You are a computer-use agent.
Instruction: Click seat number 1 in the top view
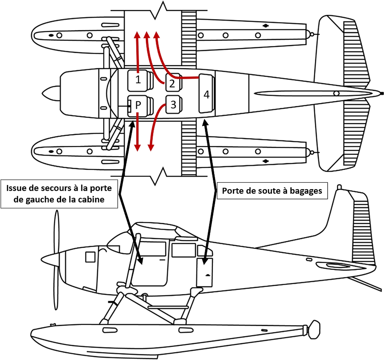[138, 80]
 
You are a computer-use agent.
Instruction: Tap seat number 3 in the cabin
[173, 105]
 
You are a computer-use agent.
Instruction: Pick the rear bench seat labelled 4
[206, 94]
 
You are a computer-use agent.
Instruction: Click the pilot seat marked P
[138, 105]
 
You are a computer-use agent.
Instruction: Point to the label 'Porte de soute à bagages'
[272, 191]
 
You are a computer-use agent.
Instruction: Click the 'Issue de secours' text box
[59, 194]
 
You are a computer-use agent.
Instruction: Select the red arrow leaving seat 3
[154, 128]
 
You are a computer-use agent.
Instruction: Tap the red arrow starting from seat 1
[137, 51]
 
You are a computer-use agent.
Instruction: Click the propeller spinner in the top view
[50, 93]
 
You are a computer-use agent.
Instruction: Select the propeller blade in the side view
[57, 230]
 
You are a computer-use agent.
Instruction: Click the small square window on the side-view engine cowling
[90, 257]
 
